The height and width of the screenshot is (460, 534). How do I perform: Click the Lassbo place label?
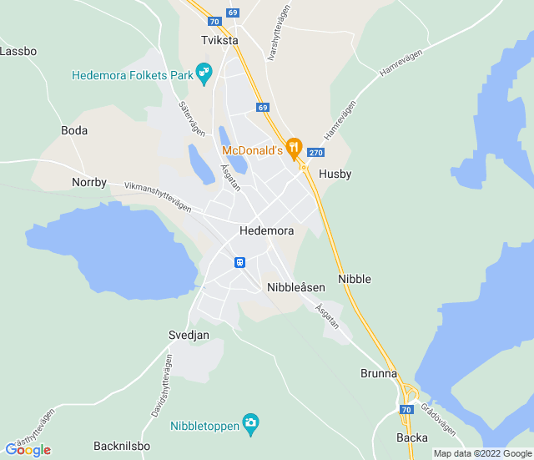[x=18, y=51]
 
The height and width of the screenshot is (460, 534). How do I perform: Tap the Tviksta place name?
[x=219, y=40]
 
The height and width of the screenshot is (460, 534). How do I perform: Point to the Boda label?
[x=74, y=131]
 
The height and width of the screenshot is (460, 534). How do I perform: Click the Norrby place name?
[x=89, y=182]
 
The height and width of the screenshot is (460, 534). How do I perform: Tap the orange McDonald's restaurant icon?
[x=293, y=149]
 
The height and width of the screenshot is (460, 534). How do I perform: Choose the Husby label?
[x=335, y=174]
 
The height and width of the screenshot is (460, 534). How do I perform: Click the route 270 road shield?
[x=315, y=153]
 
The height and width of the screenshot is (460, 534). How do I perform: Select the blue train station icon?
[x=239, y=262]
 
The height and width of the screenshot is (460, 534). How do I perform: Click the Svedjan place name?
[x=189, y=335]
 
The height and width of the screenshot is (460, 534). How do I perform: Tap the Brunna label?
[x=379, y=373]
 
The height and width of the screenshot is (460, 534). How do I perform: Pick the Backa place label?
[x=412, y=437]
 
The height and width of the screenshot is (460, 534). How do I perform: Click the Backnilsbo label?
[x=122, y=446]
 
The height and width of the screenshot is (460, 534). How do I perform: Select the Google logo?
[x=28, y=450]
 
